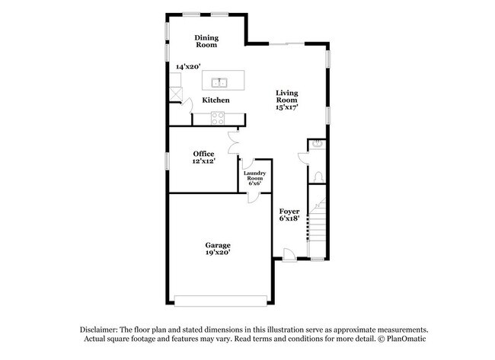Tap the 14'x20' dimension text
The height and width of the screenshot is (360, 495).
pos(187,67)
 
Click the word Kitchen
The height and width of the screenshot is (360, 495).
pos(216,100)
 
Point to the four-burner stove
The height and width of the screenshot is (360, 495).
pos(218,118)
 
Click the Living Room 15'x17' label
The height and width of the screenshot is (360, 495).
pos(286,100)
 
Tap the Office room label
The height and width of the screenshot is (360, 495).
pos(203,153)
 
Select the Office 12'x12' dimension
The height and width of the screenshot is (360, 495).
pos(203,161)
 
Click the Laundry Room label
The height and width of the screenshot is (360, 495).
pos(254,178)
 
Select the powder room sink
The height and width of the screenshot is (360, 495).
pos(318,144)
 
